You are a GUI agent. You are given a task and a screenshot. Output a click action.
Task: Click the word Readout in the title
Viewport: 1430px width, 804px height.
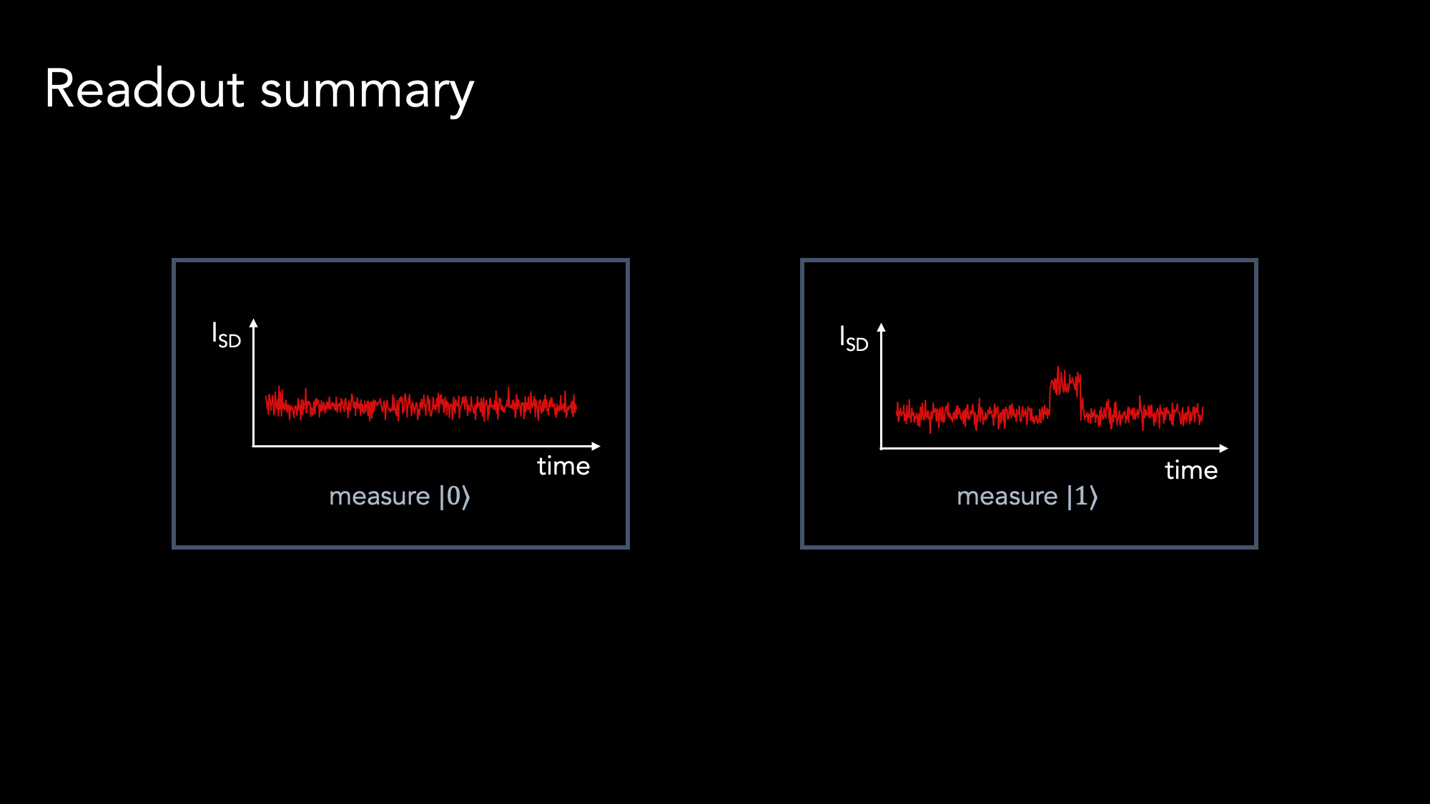145,89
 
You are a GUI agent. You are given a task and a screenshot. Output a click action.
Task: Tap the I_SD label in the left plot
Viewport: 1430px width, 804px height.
226,334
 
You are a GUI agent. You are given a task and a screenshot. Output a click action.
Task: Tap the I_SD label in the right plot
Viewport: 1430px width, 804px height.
854,338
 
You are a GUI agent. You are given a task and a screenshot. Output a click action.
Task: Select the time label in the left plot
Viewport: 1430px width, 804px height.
563,466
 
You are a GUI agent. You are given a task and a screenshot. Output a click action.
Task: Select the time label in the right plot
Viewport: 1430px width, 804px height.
1191,470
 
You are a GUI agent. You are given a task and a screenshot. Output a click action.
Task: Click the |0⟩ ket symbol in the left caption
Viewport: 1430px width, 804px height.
455,496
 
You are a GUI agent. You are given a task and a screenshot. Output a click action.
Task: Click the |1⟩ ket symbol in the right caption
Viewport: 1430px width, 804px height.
1083,496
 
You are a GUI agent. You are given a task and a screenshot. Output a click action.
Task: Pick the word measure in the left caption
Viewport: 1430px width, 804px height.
380,497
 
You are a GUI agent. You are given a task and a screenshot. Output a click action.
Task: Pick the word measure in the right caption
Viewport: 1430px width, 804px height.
1007,497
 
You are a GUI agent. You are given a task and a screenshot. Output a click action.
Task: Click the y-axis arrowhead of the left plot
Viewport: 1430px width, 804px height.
253,323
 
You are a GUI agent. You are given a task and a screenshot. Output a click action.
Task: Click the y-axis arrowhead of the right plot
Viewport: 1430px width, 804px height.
882,327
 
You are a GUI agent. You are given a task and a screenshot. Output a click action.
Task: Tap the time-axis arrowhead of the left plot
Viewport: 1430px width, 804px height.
596,446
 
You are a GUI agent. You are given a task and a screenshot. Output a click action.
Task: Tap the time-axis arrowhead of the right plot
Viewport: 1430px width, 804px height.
1224,448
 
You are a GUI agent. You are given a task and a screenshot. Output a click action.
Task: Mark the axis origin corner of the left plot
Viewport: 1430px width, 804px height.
253,446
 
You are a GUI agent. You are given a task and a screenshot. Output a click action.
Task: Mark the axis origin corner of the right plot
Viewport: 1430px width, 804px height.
882,448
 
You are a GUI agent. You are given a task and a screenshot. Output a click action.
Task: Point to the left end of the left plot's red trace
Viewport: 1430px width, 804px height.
266,405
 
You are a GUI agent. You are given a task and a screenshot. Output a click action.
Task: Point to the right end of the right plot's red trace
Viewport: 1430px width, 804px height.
1203,412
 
